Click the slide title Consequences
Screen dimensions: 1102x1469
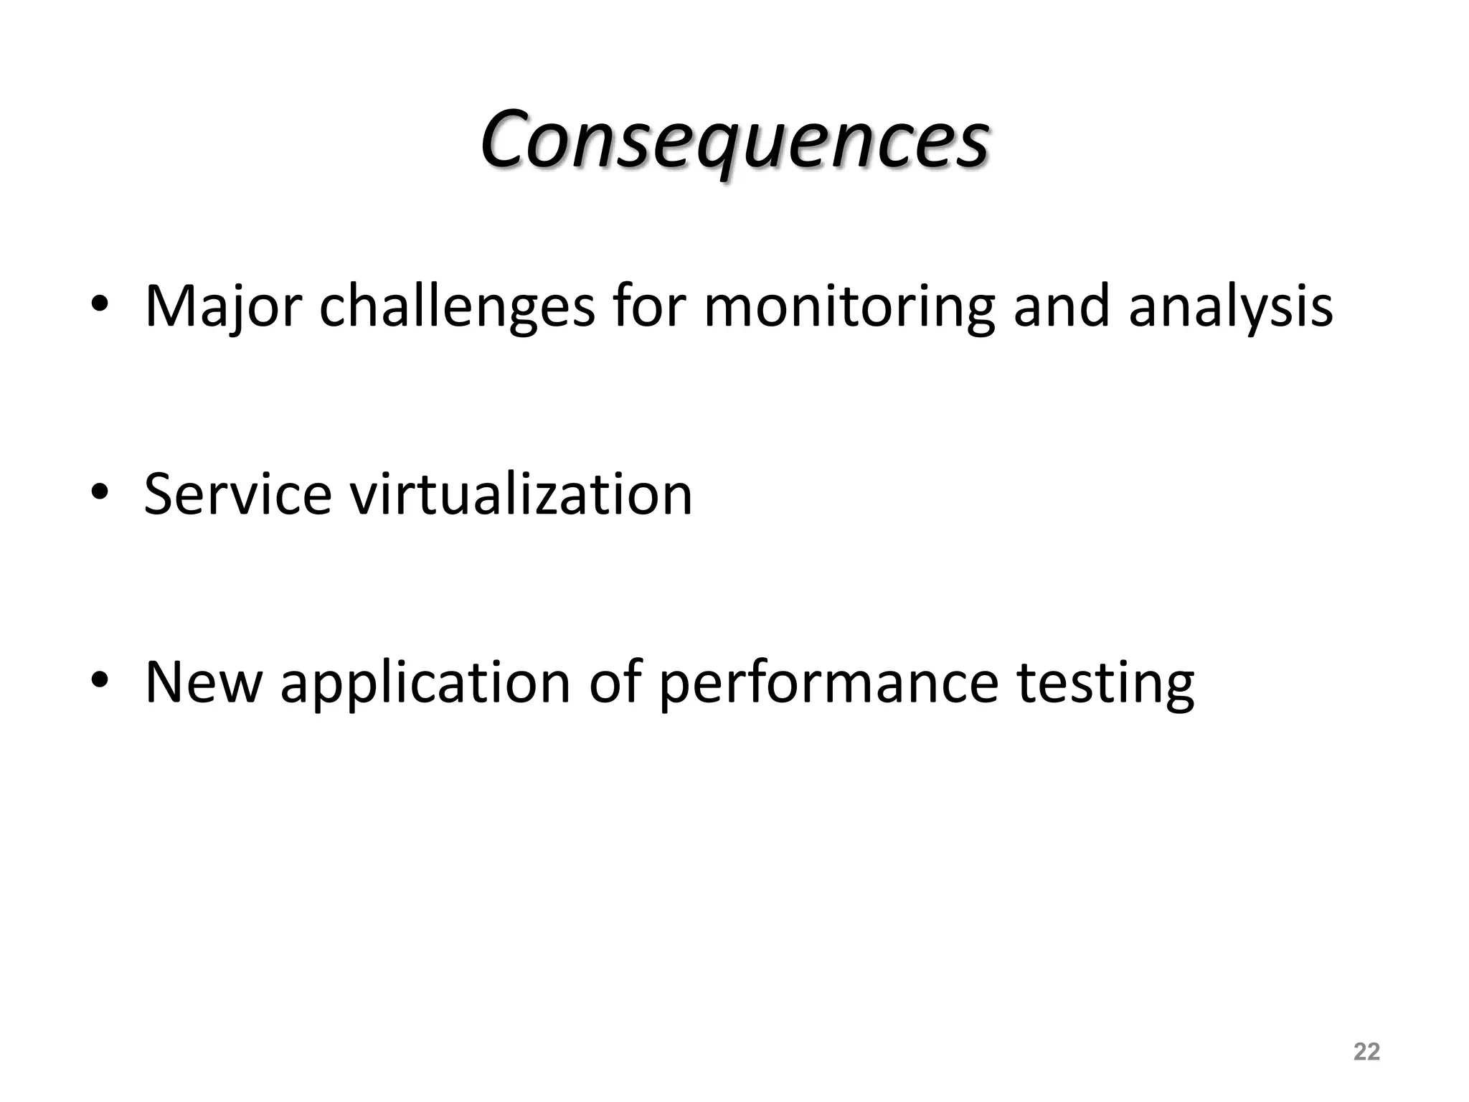tap(734, 140)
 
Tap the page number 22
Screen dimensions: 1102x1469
tap(1366, 1052)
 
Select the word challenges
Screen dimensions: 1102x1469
tap(456, 307)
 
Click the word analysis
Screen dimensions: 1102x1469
tap(1230, 307)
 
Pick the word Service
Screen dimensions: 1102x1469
tap(237, 494)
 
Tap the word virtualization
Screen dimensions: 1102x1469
tap(521, 494)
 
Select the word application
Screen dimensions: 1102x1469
tap(425, 683)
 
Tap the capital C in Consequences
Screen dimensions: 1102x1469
tap(511, 140)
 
